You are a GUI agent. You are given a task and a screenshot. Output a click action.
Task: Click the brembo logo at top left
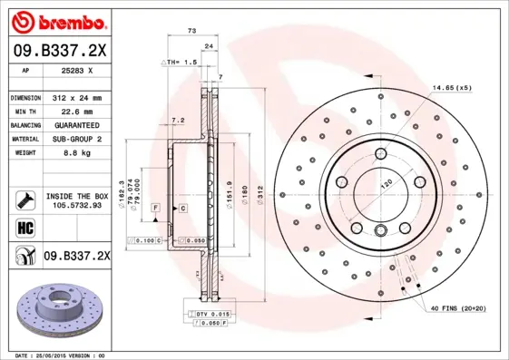tap(56, 20)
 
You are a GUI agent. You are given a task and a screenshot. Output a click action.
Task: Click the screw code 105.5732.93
tap(76, 206)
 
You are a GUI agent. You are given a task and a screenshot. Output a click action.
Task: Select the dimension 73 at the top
tap(191, 31)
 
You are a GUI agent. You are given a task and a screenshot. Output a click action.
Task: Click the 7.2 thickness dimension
tap(178, 119)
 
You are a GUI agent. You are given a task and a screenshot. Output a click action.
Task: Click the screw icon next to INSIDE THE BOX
tap(24, 199)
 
